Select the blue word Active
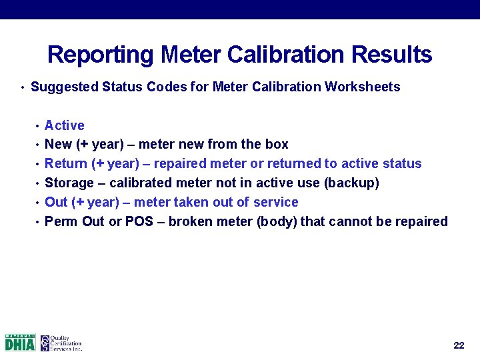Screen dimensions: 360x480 click(x=65, y=125)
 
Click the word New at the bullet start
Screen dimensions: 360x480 click(x=58, y=145)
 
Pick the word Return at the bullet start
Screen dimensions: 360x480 click(x=65, y=164)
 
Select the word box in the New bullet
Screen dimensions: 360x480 click(x=277, y=145)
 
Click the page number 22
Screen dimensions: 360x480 click(x=459, y=345)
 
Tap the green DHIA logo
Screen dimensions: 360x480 click(x=20, y=343)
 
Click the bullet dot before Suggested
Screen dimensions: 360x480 click(x=23, y=88)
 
